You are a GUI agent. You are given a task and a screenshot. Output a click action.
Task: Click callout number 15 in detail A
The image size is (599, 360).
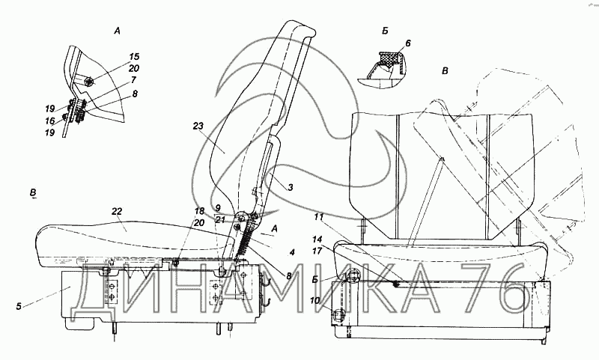point(134,57)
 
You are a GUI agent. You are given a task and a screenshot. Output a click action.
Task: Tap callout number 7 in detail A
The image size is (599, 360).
point(133,80)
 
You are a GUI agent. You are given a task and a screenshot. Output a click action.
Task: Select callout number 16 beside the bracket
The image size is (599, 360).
point(50,120)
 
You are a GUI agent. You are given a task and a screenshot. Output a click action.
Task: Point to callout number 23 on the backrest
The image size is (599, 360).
point(198,126)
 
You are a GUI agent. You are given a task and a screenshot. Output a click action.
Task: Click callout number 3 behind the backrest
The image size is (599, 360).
point(291,187)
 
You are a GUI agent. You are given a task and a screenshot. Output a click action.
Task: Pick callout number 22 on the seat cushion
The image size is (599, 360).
point(117,211)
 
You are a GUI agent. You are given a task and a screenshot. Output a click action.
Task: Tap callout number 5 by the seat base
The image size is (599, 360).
point(18,305)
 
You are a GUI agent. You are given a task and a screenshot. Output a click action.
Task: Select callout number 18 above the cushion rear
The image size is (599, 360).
point(199,211)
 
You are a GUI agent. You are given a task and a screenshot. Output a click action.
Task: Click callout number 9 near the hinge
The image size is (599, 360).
point(218,208)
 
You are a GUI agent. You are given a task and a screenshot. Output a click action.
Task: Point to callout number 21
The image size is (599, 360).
point(219,219)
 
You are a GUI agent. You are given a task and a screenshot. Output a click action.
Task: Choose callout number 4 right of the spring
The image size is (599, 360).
point(292,252)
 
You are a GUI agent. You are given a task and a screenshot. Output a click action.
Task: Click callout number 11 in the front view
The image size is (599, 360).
point(319,217)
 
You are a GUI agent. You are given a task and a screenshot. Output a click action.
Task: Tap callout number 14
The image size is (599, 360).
point(317,240)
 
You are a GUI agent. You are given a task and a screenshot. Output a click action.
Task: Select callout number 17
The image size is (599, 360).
point(317,251)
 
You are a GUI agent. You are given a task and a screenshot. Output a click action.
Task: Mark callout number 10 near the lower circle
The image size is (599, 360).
point(314,301)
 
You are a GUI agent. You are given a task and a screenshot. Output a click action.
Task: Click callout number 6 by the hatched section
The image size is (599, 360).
point(408,43)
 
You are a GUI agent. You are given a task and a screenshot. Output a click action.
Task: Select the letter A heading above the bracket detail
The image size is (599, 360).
point(118,31)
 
